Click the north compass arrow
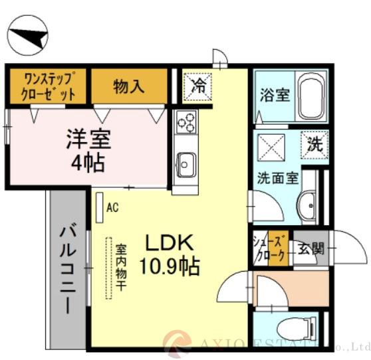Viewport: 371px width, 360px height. point(28,36)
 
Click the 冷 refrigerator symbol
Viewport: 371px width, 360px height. point(199,84)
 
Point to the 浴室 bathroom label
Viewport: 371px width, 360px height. point(273,95)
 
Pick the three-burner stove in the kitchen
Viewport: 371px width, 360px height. point(186,123)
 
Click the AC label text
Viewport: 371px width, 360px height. point(112,207)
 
